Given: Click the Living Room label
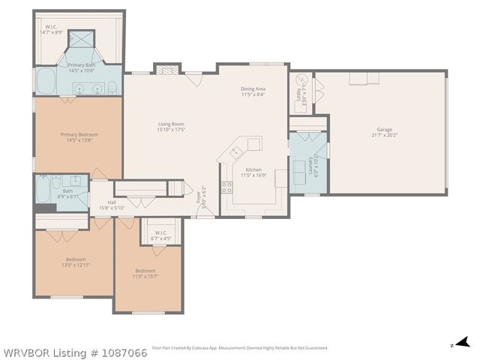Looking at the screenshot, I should coord(171,124).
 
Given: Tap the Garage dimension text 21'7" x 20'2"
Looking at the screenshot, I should coord(385,136).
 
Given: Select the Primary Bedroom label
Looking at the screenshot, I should coord(79,135).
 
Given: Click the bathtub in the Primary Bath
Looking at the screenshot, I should coord(46,82).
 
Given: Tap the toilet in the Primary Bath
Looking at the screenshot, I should coord(112,85).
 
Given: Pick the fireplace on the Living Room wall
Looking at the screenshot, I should coord(166,69).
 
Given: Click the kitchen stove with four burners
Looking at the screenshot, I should coord(226,187).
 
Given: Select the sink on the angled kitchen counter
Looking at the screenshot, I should coord(254,142).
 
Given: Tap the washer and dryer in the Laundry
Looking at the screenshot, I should coord(304,165).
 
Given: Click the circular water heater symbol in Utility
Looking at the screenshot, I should coord(300,80).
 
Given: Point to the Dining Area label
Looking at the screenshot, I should coord(253,88).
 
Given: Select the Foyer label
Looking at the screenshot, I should coord(198,199).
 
